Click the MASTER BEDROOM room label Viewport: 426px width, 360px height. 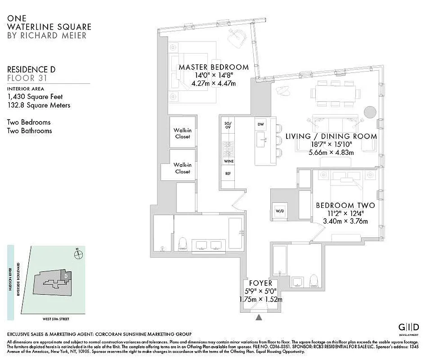[x=214, y=67]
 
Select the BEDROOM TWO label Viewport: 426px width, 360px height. [x=345, y=206]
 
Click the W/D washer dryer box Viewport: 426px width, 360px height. [x=279, y=211]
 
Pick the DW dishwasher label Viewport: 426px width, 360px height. [x=260, y=124]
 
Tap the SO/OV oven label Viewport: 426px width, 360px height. [x=228, y=125]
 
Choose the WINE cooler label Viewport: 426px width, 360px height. [x=228, y=161]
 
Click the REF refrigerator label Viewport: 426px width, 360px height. [x=228, y=173]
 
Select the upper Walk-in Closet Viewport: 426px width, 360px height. [x=182, y=133]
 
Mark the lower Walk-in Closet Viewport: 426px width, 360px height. [x=182, y=168]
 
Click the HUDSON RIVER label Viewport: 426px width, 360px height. [x=10, y=283]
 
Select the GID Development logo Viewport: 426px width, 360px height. [x=409, y=328]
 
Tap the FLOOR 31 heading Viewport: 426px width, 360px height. [x=27, y=78]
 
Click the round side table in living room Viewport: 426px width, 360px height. [x=369, y=111]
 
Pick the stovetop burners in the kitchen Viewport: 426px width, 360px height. [x=228, y=147]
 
